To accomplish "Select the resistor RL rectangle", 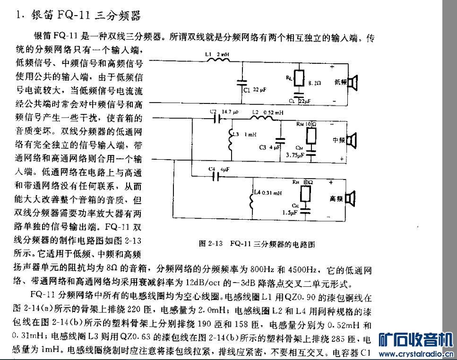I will pos(298,78).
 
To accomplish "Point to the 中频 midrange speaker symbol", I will pos(351,140).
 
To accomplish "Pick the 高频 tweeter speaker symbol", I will pos(350,199).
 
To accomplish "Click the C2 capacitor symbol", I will pos(217,119).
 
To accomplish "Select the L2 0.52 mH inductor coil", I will pos(262,118).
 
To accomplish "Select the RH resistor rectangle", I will pos(305,194).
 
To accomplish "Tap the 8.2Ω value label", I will pos(315,83).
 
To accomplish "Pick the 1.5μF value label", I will pos(289,213).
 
